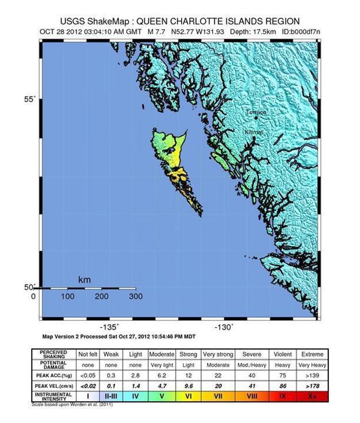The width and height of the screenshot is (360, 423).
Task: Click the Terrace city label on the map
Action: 256,112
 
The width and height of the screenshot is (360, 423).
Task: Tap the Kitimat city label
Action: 254,132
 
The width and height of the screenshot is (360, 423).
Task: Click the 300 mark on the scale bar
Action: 136,297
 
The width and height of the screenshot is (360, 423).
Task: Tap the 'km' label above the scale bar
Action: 85,280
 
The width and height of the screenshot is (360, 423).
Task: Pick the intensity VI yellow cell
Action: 189,397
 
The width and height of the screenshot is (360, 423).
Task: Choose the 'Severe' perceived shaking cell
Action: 251,354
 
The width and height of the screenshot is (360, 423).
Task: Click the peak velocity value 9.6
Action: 189,386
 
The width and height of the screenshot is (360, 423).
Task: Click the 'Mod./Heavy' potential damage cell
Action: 251,365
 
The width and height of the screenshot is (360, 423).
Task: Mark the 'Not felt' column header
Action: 89,354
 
